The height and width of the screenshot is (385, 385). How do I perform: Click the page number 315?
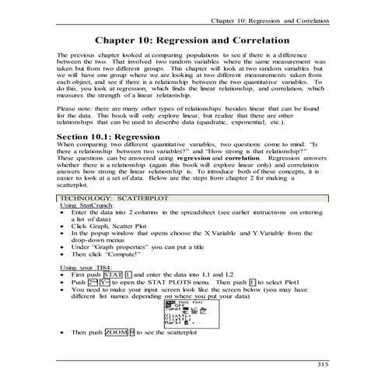tap(321, 362)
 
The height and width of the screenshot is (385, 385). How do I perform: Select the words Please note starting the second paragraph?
tap(74, 108)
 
